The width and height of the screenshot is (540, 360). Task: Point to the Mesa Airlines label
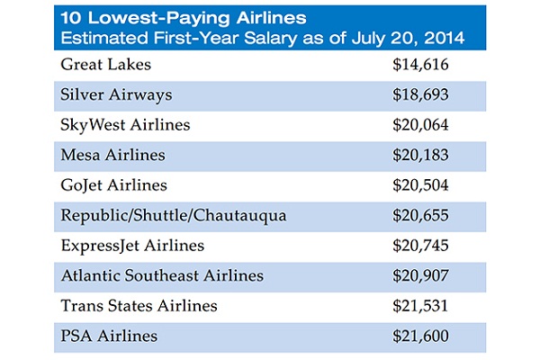112,155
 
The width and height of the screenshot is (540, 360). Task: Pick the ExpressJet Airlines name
132,246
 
